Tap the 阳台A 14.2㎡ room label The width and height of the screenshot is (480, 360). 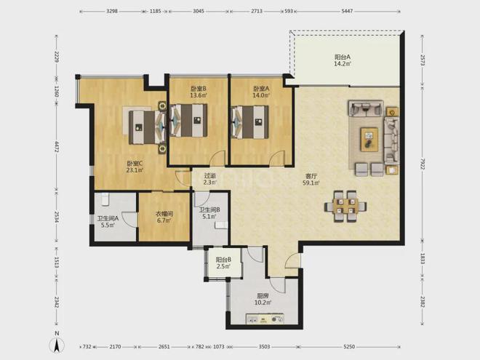343,60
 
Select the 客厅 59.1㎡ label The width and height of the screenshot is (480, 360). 311,180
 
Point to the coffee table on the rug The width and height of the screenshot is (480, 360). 369,140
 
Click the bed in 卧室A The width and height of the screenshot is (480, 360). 250,121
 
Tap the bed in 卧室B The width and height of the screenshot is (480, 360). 188,120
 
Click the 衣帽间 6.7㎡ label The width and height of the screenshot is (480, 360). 164,217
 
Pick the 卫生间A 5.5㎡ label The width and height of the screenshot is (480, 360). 108,222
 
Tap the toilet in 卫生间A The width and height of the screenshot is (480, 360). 105,199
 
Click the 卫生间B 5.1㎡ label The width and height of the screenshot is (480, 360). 209,213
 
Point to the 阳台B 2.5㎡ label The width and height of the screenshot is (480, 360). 223,263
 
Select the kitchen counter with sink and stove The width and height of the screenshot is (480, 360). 265,319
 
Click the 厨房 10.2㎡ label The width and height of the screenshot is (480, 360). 263,300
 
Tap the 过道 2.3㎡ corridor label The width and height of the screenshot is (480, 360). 209,179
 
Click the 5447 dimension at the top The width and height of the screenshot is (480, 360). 347,11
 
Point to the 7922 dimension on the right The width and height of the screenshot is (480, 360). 423,162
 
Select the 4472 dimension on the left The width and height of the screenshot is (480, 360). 56,147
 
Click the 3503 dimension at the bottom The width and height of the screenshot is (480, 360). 265,346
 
